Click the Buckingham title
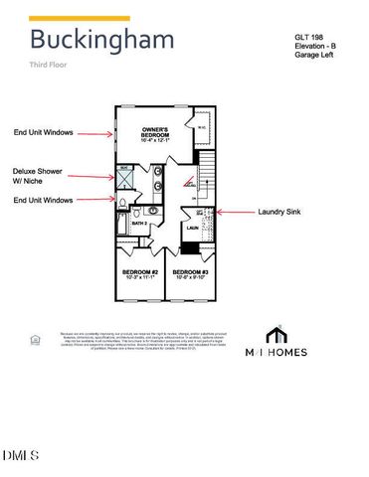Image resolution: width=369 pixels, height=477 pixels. (101, 40)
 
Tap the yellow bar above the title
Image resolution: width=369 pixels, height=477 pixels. (80, 18)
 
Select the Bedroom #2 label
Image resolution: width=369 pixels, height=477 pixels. (140, 272)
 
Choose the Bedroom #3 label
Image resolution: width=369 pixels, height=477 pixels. (190, 272)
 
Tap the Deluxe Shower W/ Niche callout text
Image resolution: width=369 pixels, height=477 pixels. (38, 176)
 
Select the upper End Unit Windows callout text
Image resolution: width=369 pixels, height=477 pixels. (48, 132)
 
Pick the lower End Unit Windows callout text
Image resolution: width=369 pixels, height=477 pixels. (48, 200)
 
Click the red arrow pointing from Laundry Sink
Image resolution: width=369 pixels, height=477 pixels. (235, 212)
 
